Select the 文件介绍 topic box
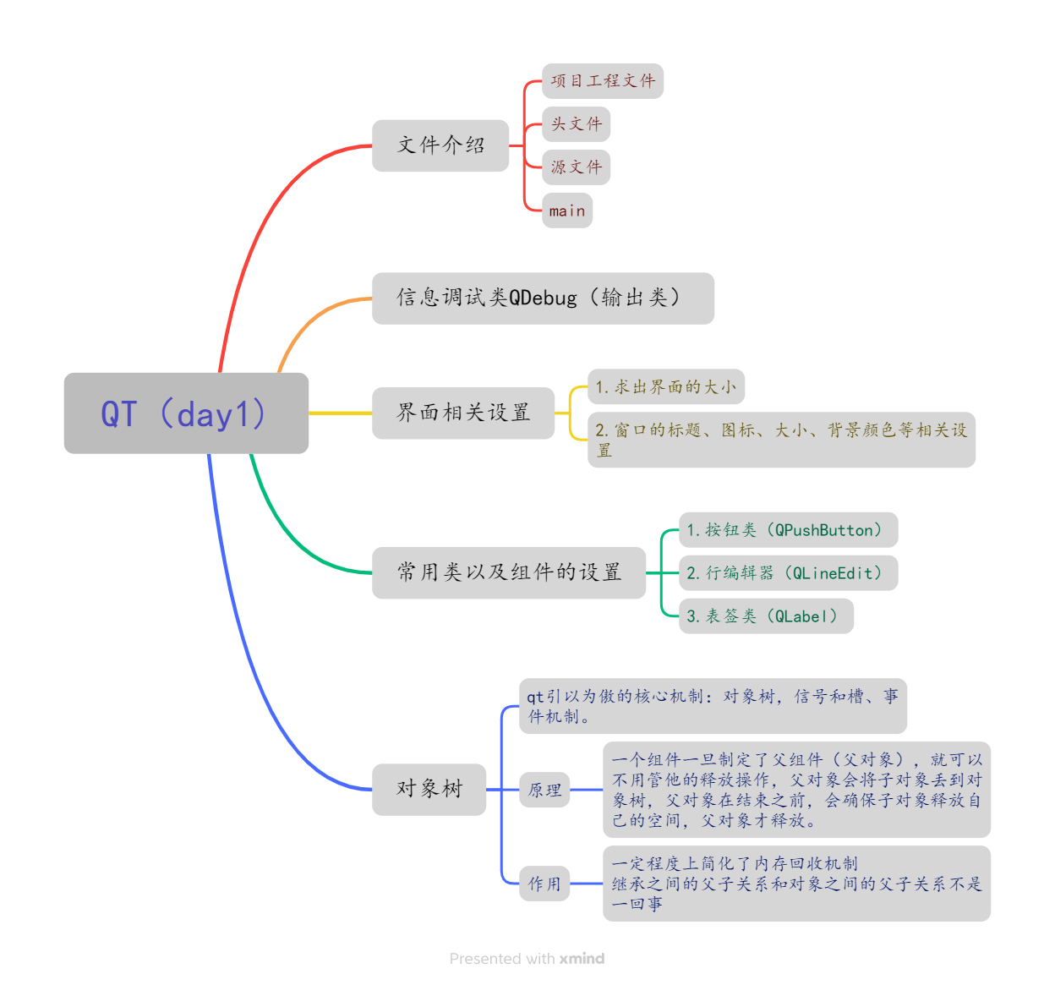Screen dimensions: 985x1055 [440, 145]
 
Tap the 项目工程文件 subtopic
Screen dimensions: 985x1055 [602, 81]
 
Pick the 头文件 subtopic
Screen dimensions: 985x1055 [576, 124]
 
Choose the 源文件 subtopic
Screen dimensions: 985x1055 [576, 167]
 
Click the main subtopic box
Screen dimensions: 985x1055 [566, 211]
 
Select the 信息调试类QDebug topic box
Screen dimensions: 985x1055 [543, 298]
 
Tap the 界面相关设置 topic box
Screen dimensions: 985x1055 [463, 413]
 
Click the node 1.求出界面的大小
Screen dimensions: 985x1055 [665, 386]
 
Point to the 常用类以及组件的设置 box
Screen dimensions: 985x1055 [509, 572]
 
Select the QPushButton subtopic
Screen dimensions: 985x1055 [788, 530]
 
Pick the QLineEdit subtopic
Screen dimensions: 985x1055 [788, 573]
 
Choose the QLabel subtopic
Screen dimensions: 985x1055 [766, 616]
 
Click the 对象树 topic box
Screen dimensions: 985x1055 [429, 789]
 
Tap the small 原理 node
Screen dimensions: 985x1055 [544, 790]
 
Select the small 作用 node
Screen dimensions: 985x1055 [544, 884]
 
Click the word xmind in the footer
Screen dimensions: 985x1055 [582, 959]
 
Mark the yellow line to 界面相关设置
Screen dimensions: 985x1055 [340, 413]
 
